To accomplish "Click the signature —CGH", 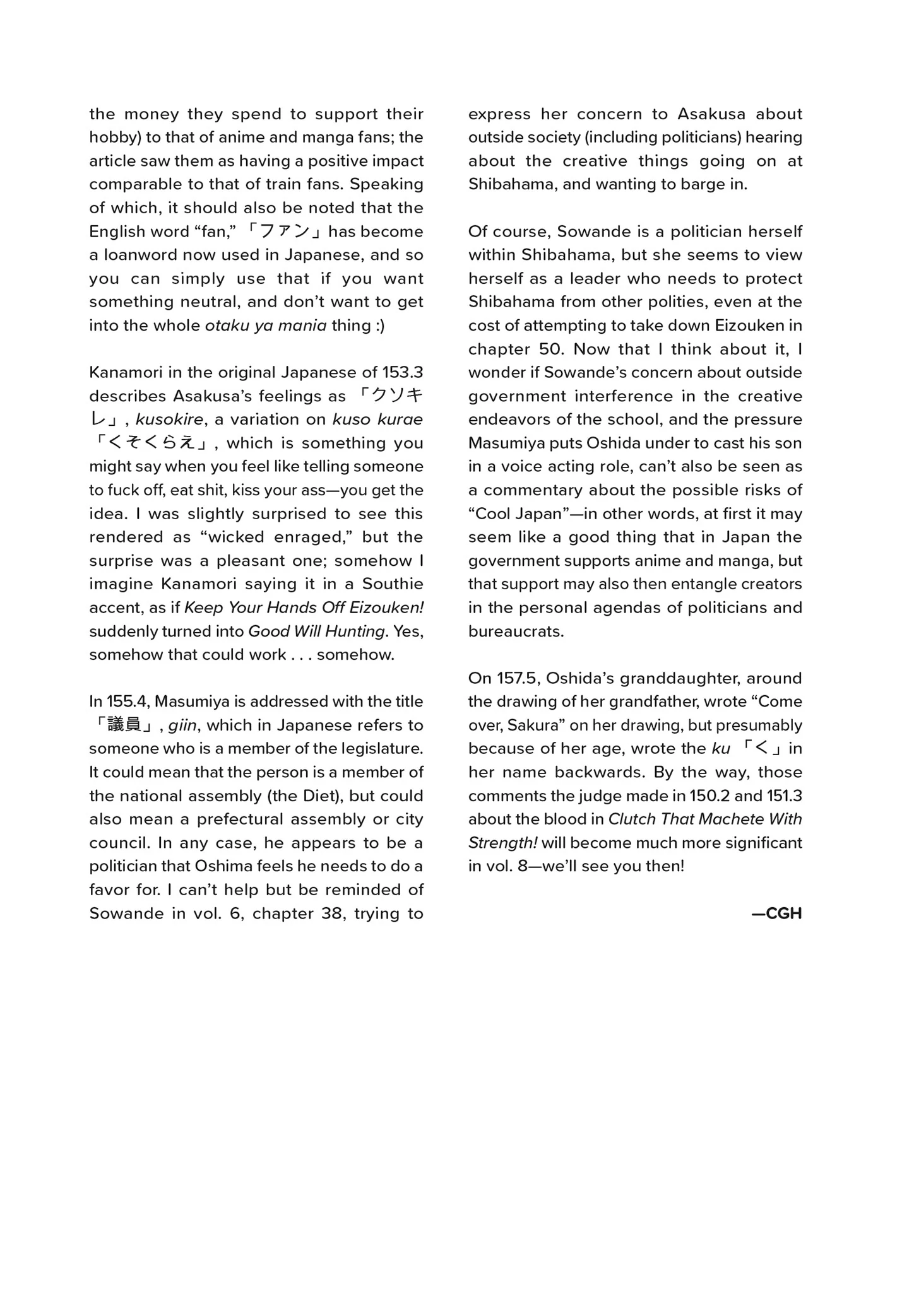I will (x=776, y=913).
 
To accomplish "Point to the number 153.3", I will (x=402, y=372).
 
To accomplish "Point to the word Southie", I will (x=392, y=584).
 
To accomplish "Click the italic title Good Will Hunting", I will (x=316, y=631).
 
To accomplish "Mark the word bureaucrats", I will (x=516, y=631).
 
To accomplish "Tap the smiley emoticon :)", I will (x=377, y=326).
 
